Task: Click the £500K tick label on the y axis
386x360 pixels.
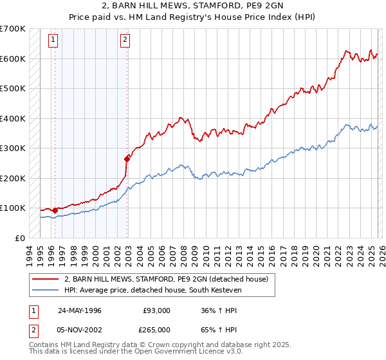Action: tap(13, 88)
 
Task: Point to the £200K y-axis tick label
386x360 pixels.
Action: tap(13, 178)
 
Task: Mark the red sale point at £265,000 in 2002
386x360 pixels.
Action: tap(127, 158)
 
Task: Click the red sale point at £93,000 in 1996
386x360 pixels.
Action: tap(55, 210)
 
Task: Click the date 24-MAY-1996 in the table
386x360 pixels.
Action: tap(80, 310)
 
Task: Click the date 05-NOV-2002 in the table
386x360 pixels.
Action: tap(80, 332)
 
